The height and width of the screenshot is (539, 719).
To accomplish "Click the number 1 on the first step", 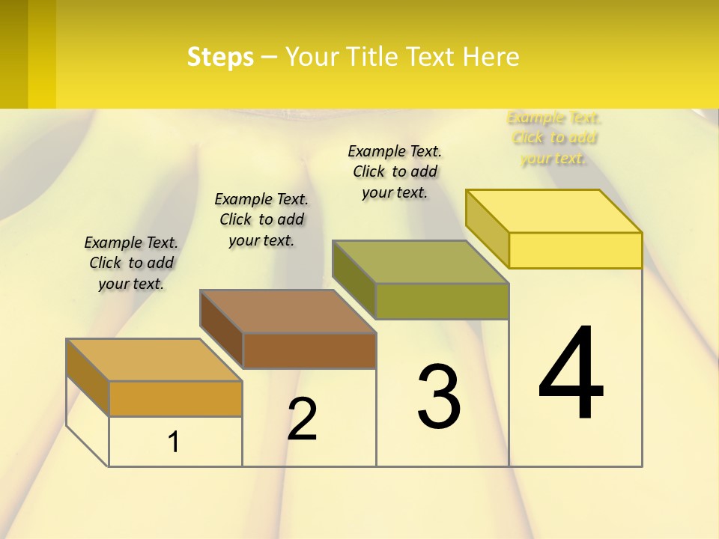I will (174, 442).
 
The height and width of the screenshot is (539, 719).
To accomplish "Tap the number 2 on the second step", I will (302, 418).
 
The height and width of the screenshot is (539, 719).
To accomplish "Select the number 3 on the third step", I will (439, 396).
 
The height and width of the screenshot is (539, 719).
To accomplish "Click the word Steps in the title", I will (220, 57).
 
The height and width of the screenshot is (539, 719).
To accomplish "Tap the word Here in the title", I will (491, 57).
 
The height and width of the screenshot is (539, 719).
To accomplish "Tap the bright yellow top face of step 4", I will (553, 211).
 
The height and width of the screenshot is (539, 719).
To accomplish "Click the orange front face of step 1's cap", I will (175, 398).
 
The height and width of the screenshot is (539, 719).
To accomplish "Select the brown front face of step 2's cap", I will (309, 350).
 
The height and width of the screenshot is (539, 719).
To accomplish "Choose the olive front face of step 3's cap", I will (442, 301).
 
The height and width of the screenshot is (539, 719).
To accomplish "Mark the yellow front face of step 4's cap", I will (575, 250).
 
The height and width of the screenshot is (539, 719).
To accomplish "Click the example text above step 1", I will (131, 263).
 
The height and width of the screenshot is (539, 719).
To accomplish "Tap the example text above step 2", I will (261, 219).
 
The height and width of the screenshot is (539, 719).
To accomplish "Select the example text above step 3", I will (395, 171).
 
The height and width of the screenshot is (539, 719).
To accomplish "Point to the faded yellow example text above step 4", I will (553, 138).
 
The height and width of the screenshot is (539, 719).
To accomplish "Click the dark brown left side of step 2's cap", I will (222, 329).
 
